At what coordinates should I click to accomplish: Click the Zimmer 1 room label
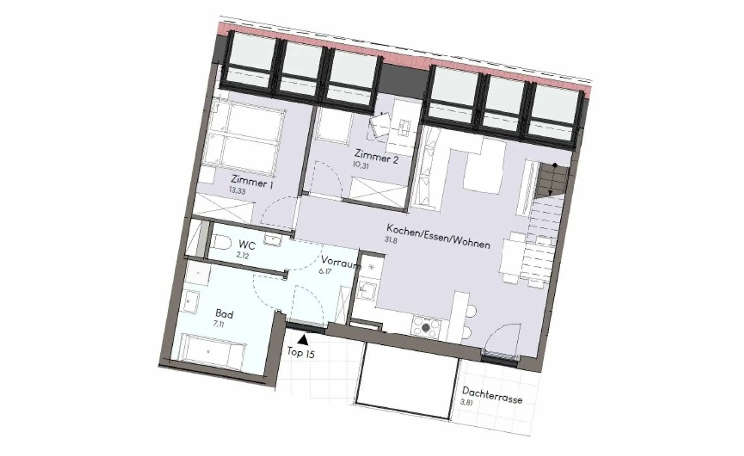[252, 182]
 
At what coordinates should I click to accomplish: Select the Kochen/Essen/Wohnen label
[438, 236]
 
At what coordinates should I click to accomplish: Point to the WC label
[247, 245]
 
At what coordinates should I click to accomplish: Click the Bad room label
[224, 314]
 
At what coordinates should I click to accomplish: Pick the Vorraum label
[340, 262]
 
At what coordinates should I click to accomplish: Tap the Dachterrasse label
[492, 395]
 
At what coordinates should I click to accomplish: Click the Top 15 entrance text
[301, 352]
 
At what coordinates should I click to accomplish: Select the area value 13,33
[237, 191]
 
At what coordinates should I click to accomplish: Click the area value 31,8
[391, 240]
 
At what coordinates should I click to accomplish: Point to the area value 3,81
[467, 402]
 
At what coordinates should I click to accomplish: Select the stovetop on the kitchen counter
[426, 327]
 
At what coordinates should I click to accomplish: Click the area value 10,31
[361, 165]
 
